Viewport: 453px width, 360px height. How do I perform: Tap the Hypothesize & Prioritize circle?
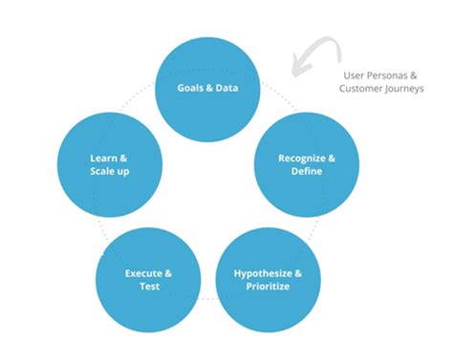coord(268,280)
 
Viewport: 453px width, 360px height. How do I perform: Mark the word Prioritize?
coord(268,287)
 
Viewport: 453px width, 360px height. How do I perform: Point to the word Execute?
coord(142,273)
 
